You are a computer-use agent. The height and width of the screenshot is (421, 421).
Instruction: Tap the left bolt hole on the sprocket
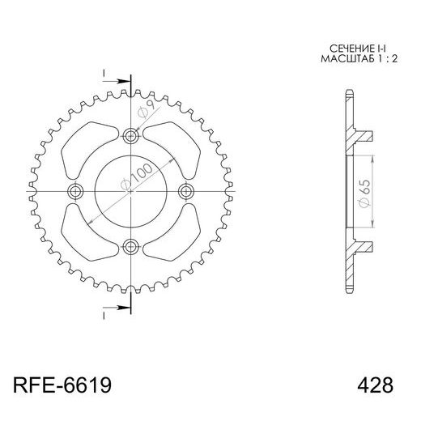[77, 191]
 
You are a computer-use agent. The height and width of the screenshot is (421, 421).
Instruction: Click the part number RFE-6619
[62, 382]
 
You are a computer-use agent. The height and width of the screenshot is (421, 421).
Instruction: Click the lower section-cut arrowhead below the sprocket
[125, 307]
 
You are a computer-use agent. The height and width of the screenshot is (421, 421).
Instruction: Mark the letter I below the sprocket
[105, 314]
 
